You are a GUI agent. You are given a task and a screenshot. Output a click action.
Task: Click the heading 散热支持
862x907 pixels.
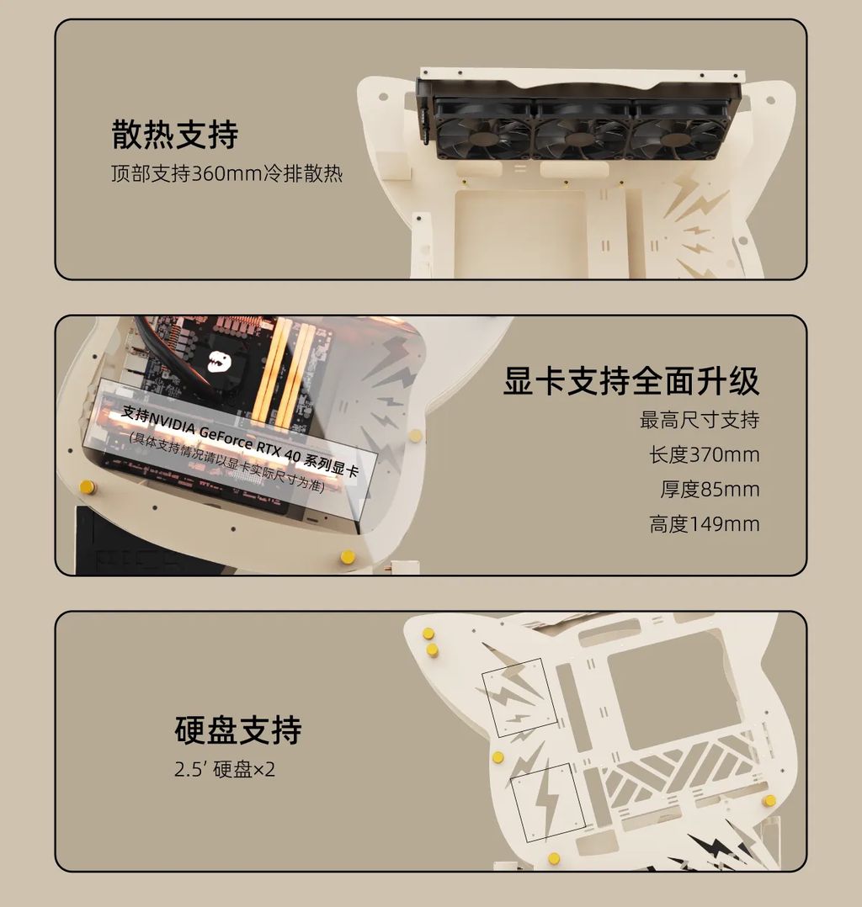[x=175, y=135]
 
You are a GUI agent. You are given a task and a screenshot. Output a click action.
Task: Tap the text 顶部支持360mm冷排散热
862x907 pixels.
[x=227, y=173]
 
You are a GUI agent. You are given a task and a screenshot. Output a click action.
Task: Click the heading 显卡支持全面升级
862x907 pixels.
[x=631, y=380]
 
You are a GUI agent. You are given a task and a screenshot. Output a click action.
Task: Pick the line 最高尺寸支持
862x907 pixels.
[x=700, y=420]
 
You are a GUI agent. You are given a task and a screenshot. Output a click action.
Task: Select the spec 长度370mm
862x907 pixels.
[x=704, y=454]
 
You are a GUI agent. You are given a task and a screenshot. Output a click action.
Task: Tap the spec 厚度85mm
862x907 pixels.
[x=710, y=490]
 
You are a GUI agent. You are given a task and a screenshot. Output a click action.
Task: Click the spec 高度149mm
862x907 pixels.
[x=704, y=524]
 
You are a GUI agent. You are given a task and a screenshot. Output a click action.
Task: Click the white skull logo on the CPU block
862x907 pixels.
[x=220, y=361]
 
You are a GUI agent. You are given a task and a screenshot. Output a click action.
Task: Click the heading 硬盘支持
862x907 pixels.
[x=238, y=730]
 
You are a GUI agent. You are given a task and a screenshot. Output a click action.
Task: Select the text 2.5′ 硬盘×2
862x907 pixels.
[x=225, y=769]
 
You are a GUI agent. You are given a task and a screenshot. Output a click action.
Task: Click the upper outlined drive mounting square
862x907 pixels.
[x=519, y=697]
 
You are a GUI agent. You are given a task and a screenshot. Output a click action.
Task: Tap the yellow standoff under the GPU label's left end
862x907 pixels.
[x=88, y=486]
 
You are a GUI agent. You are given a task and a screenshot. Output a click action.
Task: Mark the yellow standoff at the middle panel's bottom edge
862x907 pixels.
[x=348, y=557]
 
